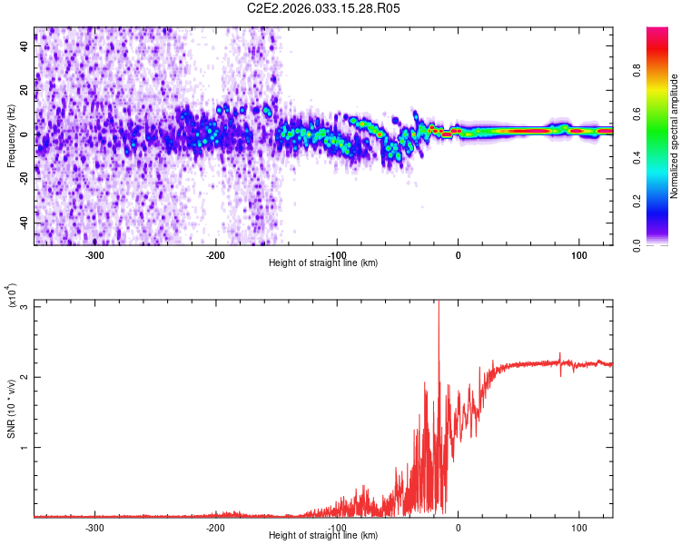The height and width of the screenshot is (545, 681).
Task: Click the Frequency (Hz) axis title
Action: click(x=11, y=136)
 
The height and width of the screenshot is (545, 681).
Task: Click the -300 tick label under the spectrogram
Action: click(x=95, y=254)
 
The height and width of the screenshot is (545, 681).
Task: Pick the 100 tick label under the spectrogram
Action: click(x=578, y=254)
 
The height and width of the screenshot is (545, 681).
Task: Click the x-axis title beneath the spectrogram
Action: click(x=323, y=263)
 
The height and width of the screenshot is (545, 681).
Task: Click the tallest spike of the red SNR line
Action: click(x=439, y=304)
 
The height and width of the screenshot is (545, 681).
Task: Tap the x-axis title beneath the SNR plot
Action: click(x=323, y=536)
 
